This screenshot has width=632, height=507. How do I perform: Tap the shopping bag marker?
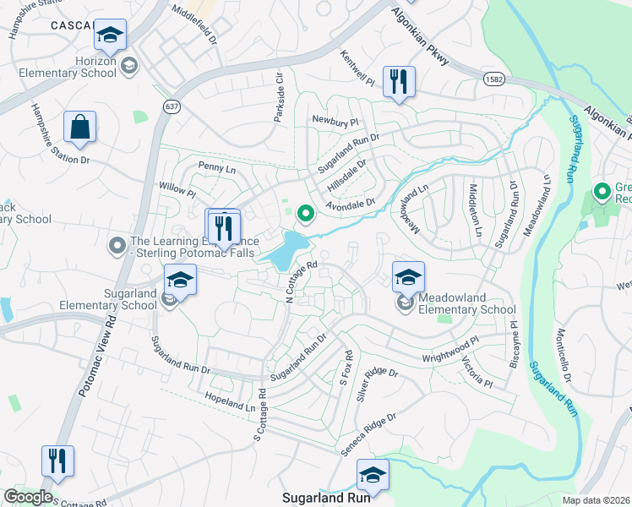(79, 128)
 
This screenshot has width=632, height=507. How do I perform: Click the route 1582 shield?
(495, 79)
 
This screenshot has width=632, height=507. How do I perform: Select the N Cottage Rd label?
(301, 281)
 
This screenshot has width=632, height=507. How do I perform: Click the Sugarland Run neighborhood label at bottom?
(326, 498)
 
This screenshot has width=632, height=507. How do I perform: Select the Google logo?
(27, 497)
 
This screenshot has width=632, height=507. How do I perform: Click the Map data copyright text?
(597, 500)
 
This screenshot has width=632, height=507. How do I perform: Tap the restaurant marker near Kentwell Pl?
(397, 83)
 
